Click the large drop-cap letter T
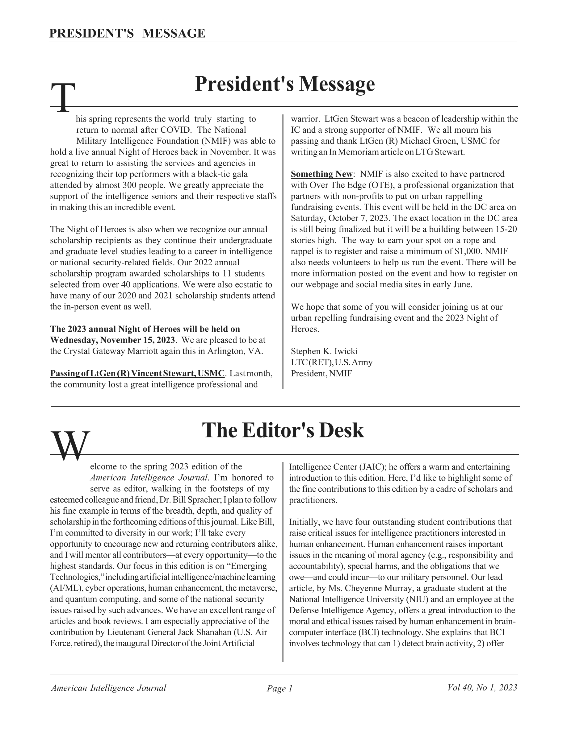tap(63, 97)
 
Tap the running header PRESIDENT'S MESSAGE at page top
tap(127, 34)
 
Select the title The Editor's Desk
tap(283, 430)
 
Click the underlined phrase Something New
tap(321, 174)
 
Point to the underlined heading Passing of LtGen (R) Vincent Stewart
tap(137, 374)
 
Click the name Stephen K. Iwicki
tap(324, 351)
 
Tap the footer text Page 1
tap(280, 689)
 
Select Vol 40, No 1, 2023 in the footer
tap(482, 688)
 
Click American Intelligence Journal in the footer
tap(108, 688)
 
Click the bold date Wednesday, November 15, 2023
tap(112, 340)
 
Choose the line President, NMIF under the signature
tap(321, 374)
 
